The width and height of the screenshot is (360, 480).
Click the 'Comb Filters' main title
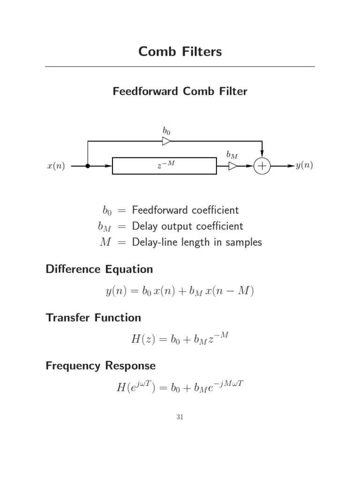[x=180, y=52]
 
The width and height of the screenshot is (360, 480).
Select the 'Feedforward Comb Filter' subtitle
[x=180, y=91]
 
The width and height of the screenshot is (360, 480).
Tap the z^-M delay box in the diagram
[x=165, y=166]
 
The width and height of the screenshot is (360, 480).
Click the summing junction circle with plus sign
[x=262, y=166]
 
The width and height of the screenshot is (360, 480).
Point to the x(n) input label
[x=56, y=166]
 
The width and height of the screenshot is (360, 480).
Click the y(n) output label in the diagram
[x=304, y=165]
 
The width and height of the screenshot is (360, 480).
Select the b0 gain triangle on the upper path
[x=166, y=141]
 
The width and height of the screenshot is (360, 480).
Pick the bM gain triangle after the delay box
[x=232, y=166]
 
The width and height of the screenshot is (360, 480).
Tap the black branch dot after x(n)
[x=88, y=166]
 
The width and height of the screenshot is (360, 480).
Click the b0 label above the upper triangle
[x=166, y=131]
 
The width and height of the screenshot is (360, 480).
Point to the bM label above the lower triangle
[x=232, y=155]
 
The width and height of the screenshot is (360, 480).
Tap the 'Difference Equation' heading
[x=99, y=270]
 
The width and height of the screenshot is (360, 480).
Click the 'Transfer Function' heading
[x=93, y=318]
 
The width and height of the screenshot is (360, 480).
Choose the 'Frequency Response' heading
[x=101, y=366]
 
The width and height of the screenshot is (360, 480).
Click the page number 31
[x=180, y=417]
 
